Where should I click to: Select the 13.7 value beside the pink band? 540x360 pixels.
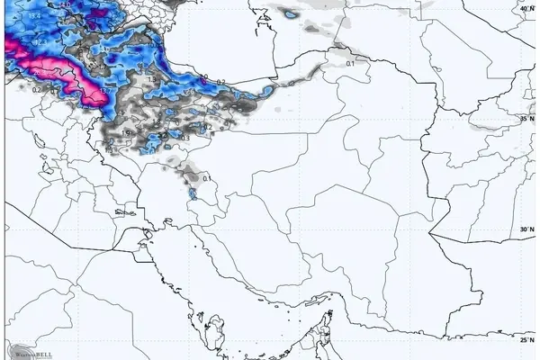(x=105, y=90)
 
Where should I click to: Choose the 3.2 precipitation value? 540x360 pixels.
(x=109, y=142)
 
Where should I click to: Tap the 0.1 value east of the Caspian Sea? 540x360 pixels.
(x=350, y=63)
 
